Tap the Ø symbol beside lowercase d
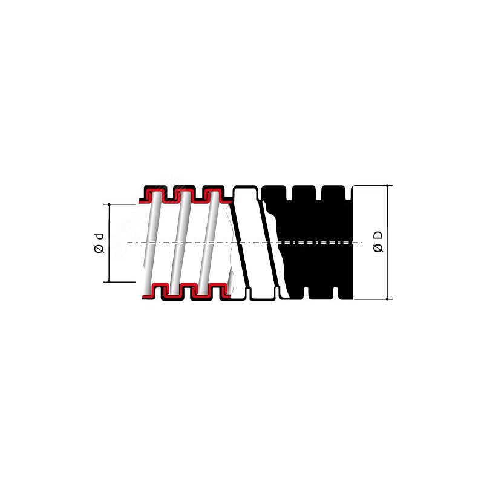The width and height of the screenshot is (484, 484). pos(99,248)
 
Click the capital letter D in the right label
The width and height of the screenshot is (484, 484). pos(379,235)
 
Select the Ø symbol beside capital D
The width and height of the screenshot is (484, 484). pos(379,247)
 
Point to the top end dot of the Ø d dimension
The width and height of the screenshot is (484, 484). pos(109,204)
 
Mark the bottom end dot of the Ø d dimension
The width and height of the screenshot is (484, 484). pos(109,281)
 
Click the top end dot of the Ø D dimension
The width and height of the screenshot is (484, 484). pos(387,185)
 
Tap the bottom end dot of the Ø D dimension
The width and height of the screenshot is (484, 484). pos(387,299)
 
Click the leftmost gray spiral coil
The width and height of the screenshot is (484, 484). pos(152,243)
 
